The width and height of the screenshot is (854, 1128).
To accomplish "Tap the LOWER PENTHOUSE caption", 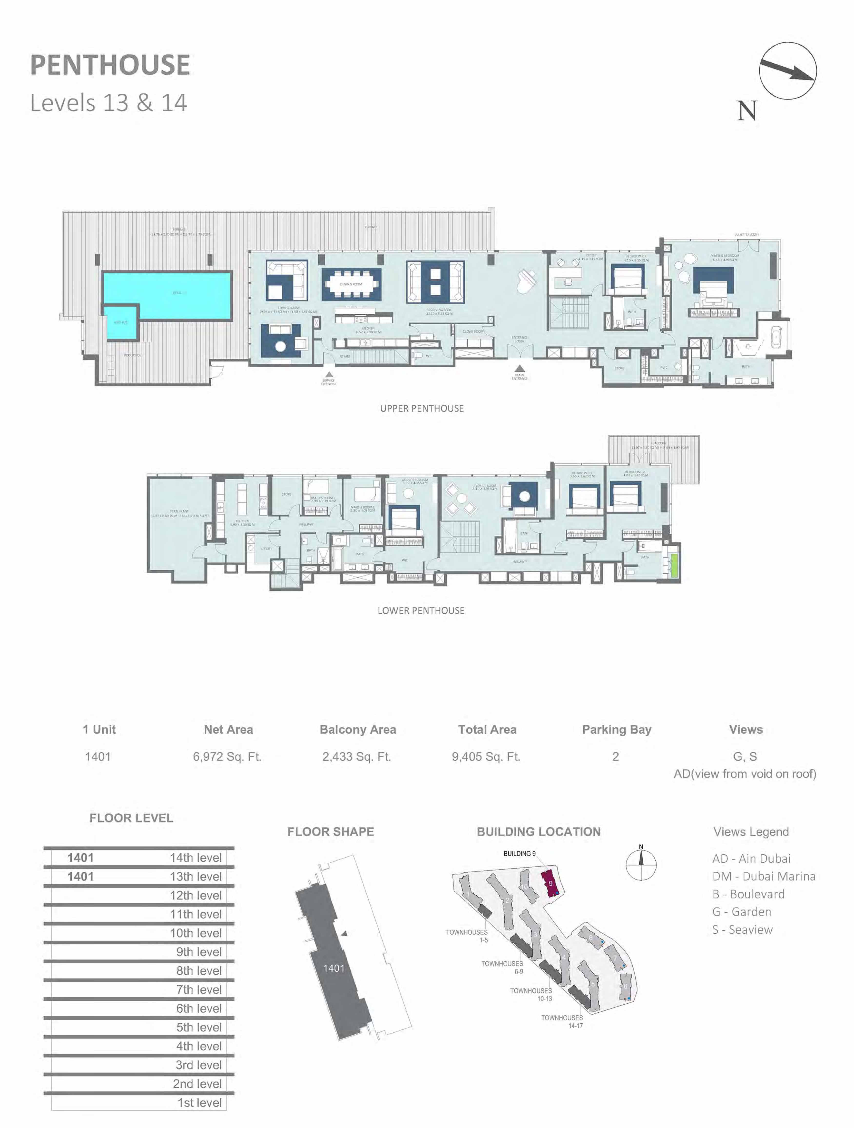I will pyautogui.click(x=421, y=610).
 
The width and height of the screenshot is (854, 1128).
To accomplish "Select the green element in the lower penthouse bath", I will pyautogui.click(x=675, y=565).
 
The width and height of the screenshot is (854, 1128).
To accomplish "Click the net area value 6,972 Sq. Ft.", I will pyautogui.click(x=227, y=756).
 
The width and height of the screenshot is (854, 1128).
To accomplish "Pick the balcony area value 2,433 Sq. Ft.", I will pyautogui.click(x=356, y=756).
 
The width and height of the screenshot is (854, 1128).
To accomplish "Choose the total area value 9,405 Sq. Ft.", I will pyautogui.click(x=486, y=756).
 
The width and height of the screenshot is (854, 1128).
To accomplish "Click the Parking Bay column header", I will pyautogui.click(x=616, y=729).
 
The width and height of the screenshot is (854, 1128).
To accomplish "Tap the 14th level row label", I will pyautogui.click(x=196, y=858).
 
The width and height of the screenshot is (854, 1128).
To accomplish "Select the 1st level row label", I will pyautogui.click(x=199, y=1102).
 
